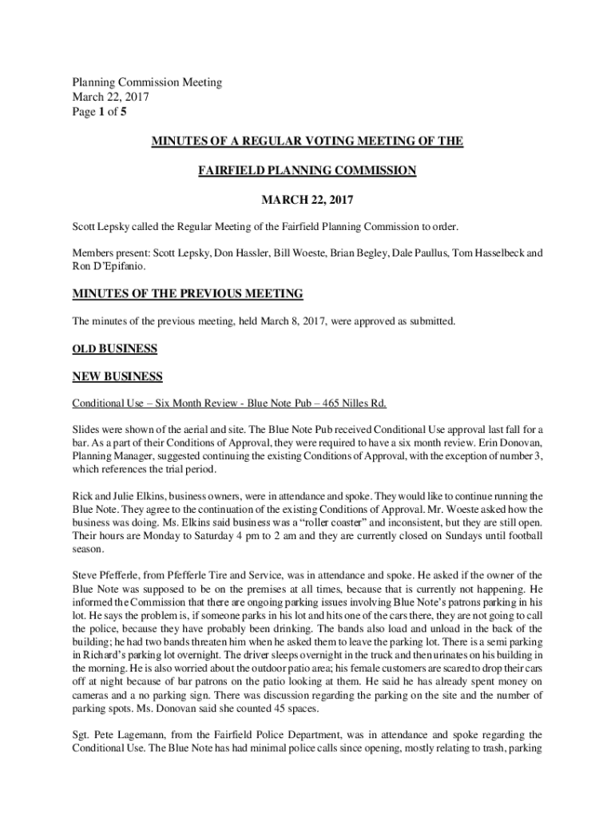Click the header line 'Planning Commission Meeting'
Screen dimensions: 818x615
147,82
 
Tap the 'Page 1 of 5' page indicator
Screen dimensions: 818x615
99,113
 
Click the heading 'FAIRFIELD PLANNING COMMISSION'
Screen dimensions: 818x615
307,170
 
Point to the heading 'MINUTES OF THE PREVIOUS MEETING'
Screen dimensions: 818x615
188,294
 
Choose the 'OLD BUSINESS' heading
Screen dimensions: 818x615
115,349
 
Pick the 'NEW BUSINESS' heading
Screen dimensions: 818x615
117,376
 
